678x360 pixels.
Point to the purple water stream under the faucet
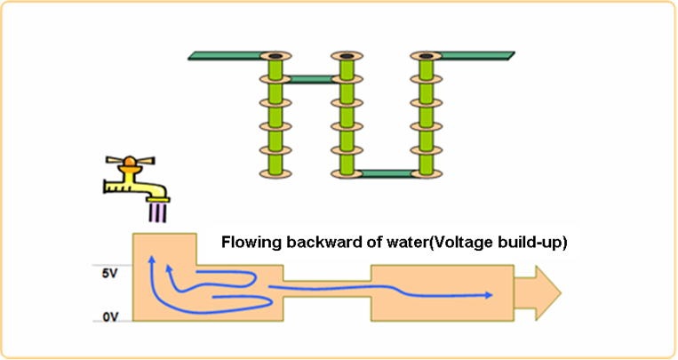[x=157, y=212]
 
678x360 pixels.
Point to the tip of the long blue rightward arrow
[x=493, y=294]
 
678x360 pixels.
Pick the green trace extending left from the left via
[x=227, y=56]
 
